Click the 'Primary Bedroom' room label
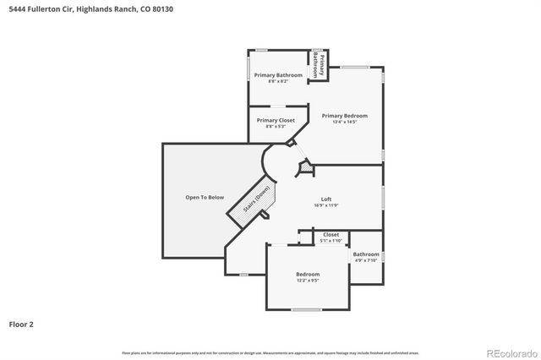(x=344, y=115)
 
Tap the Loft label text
(x=325, y=199)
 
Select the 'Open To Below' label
(x=205, y=197)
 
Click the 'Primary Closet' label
(x=276, y=120)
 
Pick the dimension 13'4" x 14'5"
(x=344, y=122)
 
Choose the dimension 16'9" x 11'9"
(x=325, y=205)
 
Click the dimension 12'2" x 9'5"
(x=308, y=281)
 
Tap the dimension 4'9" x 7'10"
(x=366, y=260)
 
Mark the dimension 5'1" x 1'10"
(x=331, y=241)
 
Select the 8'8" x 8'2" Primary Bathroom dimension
(x=278, y=81)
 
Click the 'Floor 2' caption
(x=21, y=324)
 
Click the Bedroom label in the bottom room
(x=308, y=274)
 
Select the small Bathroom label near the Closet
(x=366, y=254)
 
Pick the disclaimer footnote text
(x=270, y=352)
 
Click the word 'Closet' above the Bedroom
(x=331, y=234)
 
